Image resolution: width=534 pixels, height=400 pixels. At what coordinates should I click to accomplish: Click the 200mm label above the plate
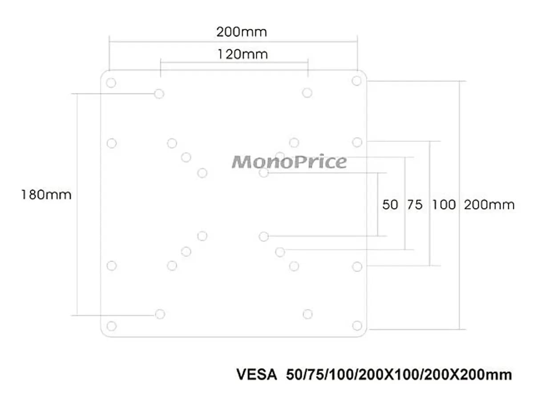[241, 32]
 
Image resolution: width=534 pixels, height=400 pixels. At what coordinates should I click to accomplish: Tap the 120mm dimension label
[243, 54]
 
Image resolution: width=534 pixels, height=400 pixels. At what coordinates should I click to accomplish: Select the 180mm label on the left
[46, 195]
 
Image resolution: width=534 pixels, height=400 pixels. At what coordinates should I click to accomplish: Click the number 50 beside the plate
[390, 204]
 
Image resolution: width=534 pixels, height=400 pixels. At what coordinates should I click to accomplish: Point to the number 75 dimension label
[415, 204]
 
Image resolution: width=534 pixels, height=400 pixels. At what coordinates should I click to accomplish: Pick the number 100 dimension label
[444, 204]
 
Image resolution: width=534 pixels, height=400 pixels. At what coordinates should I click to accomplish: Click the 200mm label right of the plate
[489, 204]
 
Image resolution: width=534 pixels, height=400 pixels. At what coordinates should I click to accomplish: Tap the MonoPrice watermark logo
[289, 161]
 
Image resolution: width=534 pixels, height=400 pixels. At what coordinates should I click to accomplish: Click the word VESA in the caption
[257, 374]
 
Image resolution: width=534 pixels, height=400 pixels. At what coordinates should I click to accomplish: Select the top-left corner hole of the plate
[111, 83]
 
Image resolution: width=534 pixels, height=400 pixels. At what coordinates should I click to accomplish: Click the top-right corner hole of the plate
[356, 81]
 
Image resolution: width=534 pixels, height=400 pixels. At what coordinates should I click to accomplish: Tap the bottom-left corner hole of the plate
[112, 326]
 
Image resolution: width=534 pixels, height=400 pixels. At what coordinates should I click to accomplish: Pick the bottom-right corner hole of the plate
[357, 326]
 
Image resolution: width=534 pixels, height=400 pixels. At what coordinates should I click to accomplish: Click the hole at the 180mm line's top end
[159, 94]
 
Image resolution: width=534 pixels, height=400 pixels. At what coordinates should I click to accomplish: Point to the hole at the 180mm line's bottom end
[160, 314]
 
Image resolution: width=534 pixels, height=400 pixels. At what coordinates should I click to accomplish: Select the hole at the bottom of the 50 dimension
[264, 236]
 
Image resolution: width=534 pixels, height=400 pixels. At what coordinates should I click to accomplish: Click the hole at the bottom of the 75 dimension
[280, 252]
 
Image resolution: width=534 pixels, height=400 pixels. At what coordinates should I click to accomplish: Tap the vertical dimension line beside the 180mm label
[77, 204]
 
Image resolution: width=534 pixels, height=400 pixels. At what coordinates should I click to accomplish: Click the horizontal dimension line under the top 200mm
[233, 42]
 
